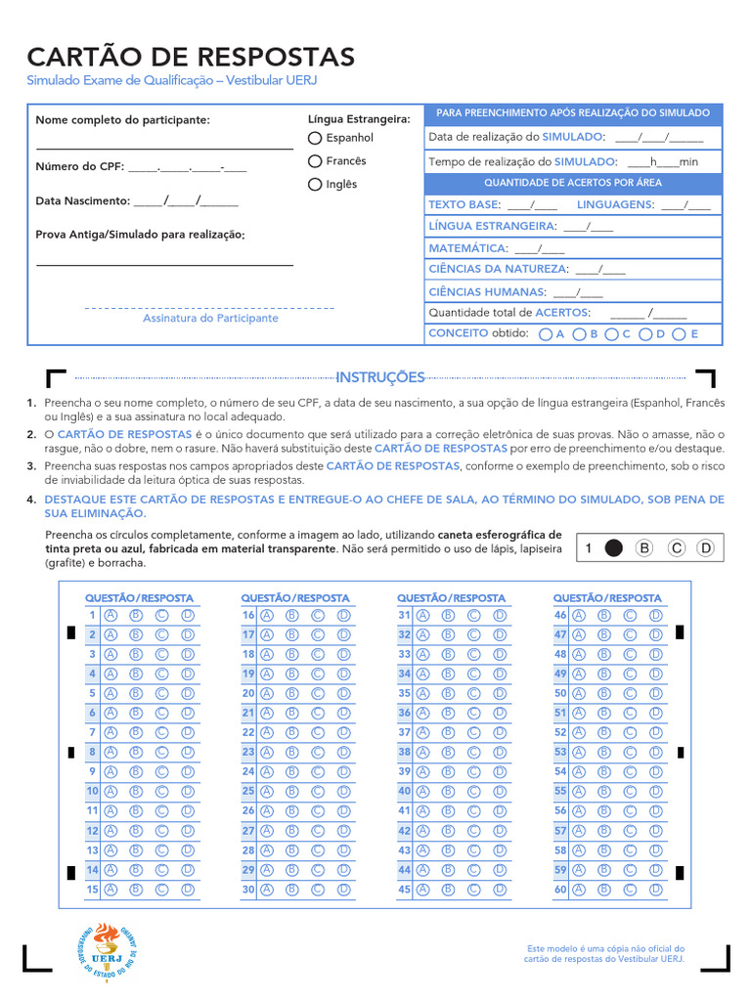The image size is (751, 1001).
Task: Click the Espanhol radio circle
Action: point(315,138)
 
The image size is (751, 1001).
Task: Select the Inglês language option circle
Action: point(315,184)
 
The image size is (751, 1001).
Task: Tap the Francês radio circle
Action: point(315,161)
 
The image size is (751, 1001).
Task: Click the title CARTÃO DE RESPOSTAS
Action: point(191,56)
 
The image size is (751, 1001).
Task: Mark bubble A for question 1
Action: point(110,615)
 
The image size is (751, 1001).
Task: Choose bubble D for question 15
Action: point(188,890)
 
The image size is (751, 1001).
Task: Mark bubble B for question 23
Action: point(292,752)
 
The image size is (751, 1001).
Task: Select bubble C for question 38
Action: point(474,752)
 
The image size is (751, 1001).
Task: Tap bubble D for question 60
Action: point(656,890)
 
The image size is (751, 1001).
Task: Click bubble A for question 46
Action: point(579,615)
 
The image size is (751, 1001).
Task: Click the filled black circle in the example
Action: point(613,548)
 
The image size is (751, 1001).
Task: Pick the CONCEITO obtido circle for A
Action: point(545,334)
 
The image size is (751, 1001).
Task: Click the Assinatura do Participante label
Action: point(210,319)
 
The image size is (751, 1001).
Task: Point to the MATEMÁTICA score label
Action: point(467,248)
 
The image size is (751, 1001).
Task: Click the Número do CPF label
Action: point(80,166)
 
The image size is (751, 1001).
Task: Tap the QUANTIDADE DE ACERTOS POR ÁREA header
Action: point(573,183)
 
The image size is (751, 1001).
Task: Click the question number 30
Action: point(248,890)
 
